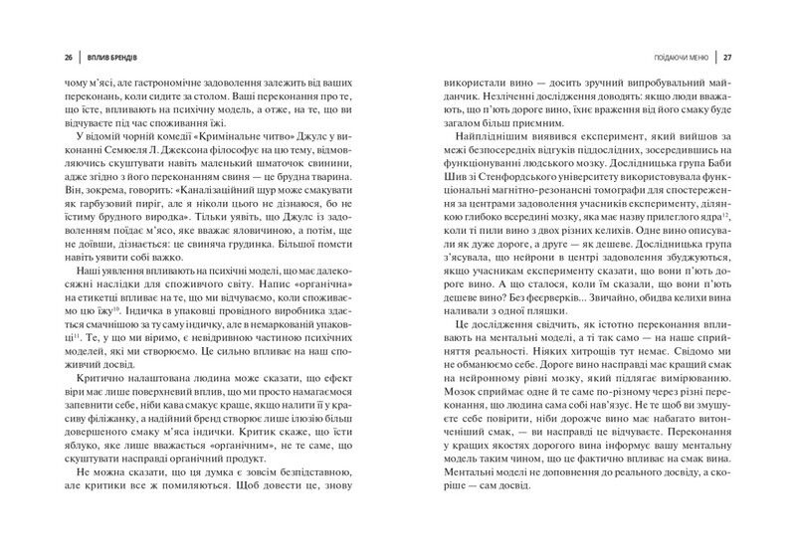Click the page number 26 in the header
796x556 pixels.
pyautogui.click(x=41, y=56)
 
